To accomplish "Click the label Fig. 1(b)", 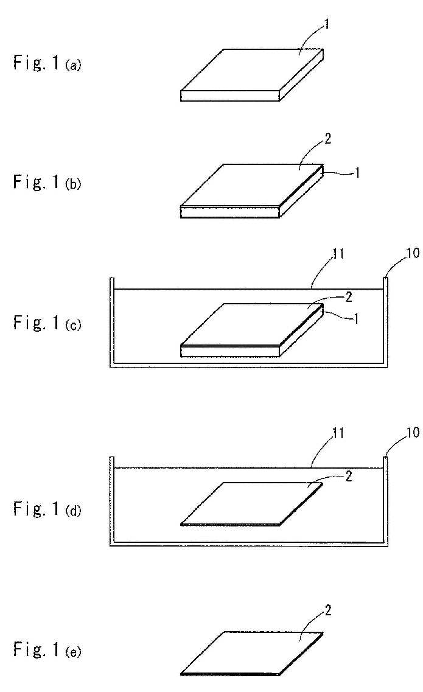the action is tap(47, 181).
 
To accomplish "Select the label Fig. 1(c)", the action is tap(47, 322).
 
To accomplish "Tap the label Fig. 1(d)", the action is tap(47, 508).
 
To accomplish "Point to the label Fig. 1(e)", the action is tap(47, 649).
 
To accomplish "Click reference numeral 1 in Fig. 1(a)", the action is tap(327, 24).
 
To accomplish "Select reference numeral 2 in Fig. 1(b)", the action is tap(327, 139).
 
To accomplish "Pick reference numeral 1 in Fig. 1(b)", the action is tap(357, 173).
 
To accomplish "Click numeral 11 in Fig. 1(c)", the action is tap(338, 254).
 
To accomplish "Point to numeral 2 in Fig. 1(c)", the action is tap(349, 296).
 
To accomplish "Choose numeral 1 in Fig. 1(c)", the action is tap(357, 318).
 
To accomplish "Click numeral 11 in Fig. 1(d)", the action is tap(338, 433).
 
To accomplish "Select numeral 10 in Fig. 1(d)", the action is tap(413, 432).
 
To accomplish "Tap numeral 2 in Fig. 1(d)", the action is tap(349, 476).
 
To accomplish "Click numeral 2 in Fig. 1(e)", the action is tap(327, 610).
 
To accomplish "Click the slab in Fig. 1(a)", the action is tap(252, 75).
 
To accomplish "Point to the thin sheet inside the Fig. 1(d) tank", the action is tap(252, 503).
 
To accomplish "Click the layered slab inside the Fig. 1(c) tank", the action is tap(252, 330).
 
